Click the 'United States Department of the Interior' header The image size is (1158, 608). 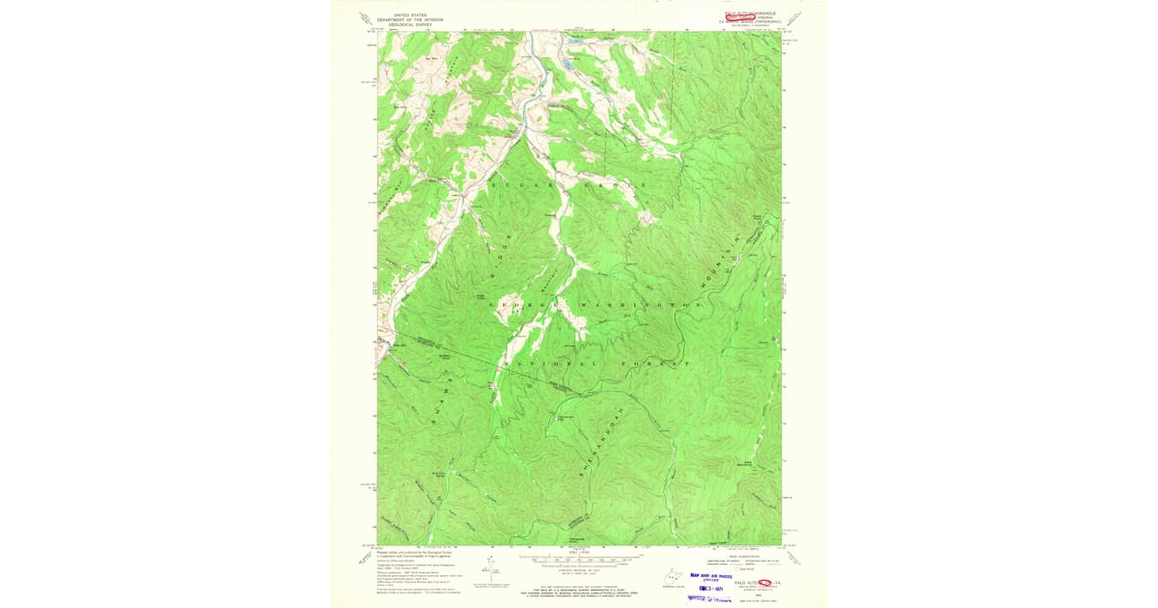[x=406, y=17]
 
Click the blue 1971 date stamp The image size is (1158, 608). [x=706, y=585]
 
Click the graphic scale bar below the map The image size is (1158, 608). [x=578, y=560]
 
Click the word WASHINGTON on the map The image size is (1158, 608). [x=636, y=304]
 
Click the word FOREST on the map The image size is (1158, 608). [x=658, y=364]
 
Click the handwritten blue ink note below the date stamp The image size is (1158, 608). [x=710, y=598]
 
